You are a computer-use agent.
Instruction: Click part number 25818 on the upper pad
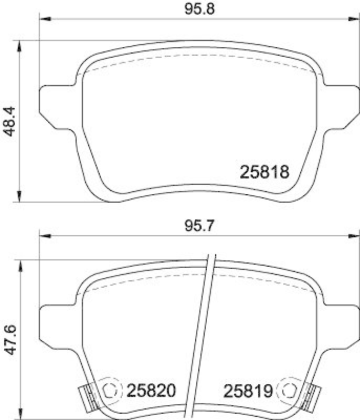(x=264, y=172)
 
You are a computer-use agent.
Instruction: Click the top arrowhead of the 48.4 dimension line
(x=20, y=44)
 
